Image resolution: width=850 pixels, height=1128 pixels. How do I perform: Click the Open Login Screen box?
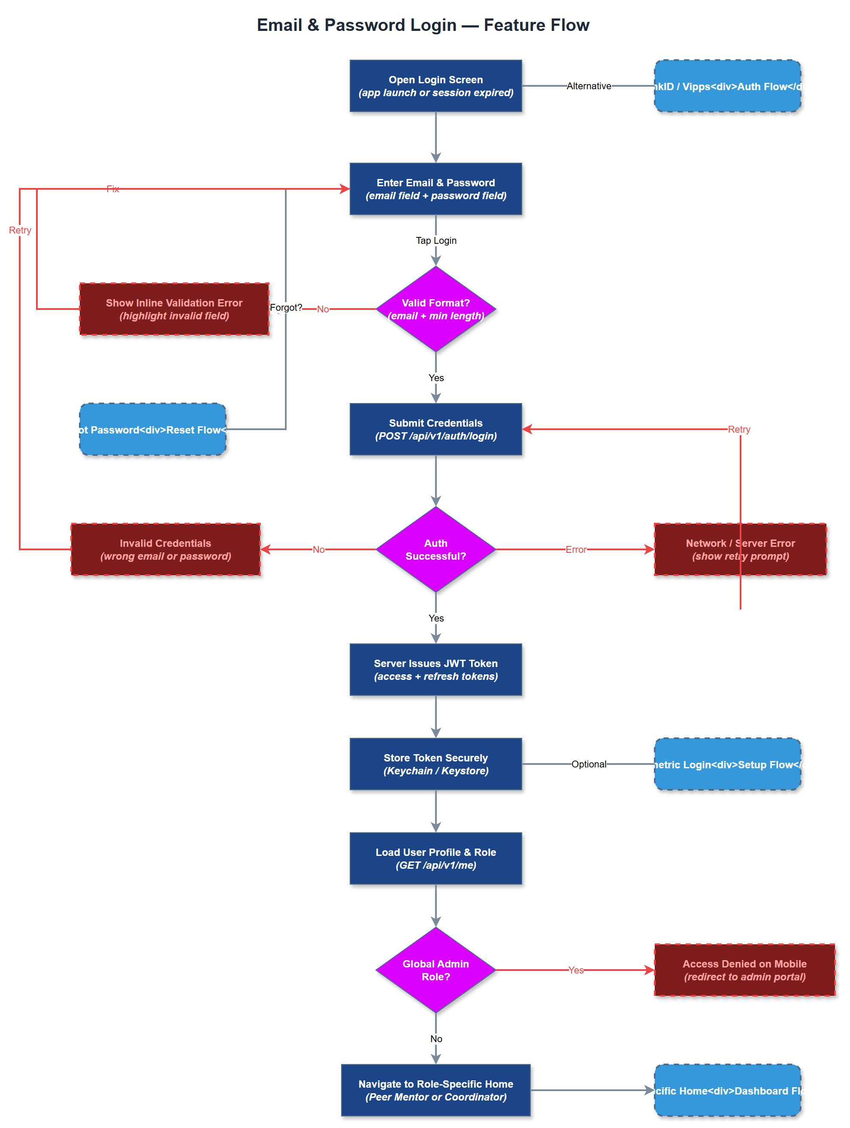[436, 86]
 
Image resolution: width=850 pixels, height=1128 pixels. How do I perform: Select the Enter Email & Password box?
[436, 189]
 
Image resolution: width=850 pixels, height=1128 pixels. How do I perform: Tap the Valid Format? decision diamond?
[436, 309]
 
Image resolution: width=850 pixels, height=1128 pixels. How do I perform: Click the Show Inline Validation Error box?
[174, 309]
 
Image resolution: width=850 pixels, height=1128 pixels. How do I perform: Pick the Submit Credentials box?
[436, 429]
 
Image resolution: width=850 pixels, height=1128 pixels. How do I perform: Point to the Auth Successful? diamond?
[436, 549]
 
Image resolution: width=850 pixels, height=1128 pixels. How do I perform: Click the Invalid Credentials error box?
[165, 549]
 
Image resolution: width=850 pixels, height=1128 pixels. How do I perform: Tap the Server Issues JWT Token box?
[436, 670]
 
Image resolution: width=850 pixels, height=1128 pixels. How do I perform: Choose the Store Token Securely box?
[436, 764]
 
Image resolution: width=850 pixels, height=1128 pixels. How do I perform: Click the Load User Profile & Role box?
[436, 858]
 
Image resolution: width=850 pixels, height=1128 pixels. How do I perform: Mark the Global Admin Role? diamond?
[436, 970]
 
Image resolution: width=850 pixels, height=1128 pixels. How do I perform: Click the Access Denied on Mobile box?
[744, 970]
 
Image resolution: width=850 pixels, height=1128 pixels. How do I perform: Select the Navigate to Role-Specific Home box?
[436, 1090]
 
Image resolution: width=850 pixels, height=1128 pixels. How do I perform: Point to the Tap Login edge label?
[436, 240]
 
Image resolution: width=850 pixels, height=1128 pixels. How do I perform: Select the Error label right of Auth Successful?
[576, 549]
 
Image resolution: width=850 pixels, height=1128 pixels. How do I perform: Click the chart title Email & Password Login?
[423, 25]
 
